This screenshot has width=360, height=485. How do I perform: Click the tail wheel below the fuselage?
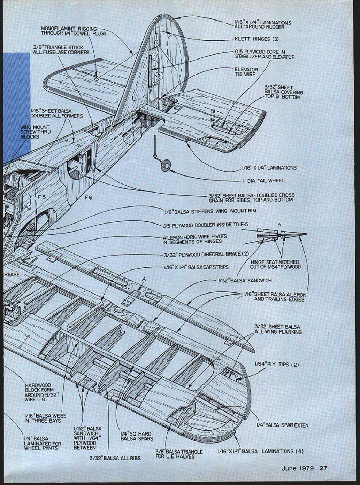point(165,165)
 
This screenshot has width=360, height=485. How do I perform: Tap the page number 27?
point(323,468)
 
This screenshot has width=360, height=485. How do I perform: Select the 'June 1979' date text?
point(298,468)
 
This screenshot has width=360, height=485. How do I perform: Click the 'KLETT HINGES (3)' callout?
point(256,39)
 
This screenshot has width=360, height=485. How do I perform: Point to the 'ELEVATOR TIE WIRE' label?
point(246,72)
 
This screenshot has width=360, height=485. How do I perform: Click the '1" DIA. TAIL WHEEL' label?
point(263,181)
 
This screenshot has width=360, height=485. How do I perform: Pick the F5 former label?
point(42,197)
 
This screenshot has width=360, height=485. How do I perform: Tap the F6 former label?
point(89,197)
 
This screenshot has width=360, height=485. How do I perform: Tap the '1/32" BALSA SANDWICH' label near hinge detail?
point(245,280)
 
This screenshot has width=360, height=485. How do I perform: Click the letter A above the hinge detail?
point(279,225)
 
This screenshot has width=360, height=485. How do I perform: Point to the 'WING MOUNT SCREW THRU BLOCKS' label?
point(35,132)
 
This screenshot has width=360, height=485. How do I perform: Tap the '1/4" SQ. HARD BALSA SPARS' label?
point(136,436)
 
